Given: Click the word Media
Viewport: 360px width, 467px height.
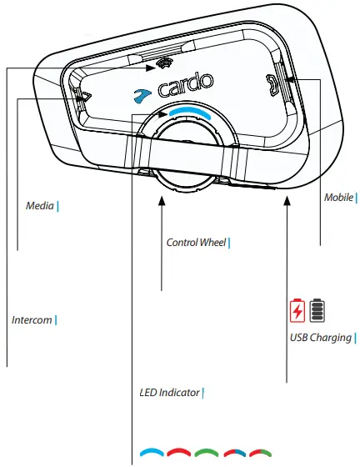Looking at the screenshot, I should (39, 204).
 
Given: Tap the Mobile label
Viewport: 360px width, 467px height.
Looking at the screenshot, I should (337, 198).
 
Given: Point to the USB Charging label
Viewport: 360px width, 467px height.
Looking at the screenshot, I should (320, 338).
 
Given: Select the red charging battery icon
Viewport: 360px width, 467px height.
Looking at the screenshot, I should (297, 311).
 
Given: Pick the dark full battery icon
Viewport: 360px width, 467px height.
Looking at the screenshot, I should (317, 311).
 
